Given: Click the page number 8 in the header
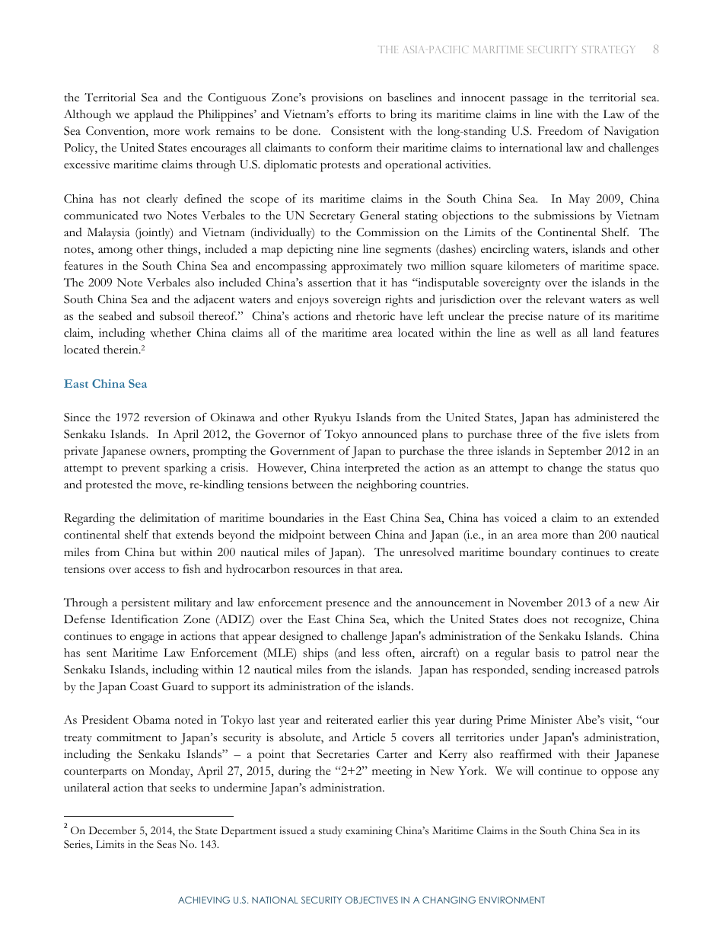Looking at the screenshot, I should (655, 50).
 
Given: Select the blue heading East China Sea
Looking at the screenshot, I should (105, 384).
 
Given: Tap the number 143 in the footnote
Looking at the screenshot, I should (208, 844).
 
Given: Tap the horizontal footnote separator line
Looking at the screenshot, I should (148, 816).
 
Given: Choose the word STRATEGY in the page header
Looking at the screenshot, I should (607, 50).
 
